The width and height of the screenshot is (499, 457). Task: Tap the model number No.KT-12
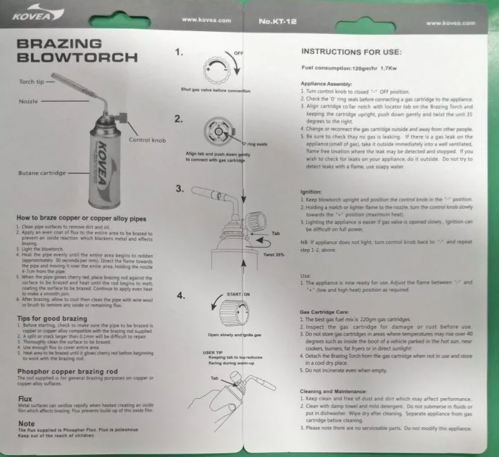tap(277, 21)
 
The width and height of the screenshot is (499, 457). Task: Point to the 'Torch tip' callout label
tap(31, 81)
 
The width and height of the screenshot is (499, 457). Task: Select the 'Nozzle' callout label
tap(28, 101)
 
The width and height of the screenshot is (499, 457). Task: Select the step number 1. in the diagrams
tap(179, 52)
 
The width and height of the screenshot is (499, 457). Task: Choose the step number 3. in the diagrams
tap(179, 188)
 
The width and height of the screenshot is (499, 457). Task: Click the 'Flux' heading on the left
tap(24, 399)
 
